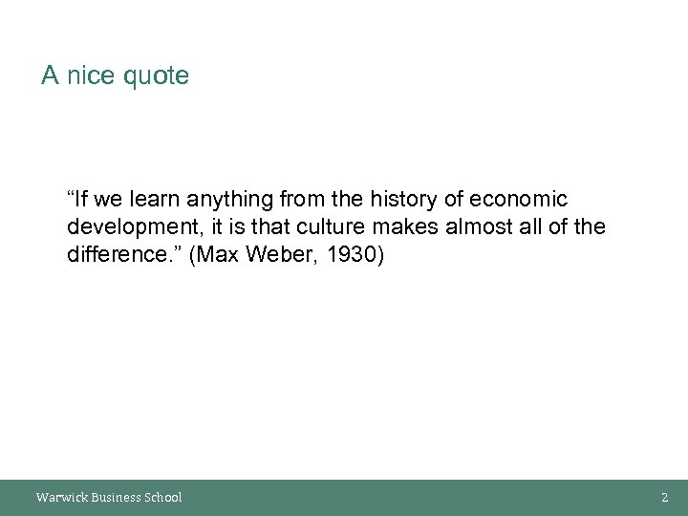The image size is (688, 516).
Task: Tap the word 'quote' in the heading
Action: (x=156, y=76)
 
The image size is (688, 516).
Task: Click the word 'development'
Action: (x=129, y=229)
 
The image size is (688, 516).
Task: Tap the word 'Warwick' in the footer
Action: (x=60, y=497)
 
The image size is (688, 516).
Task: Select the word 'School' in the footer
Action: (x=161, y=497)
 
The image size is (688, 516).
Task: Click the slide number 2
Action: (x=664, y=497)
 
